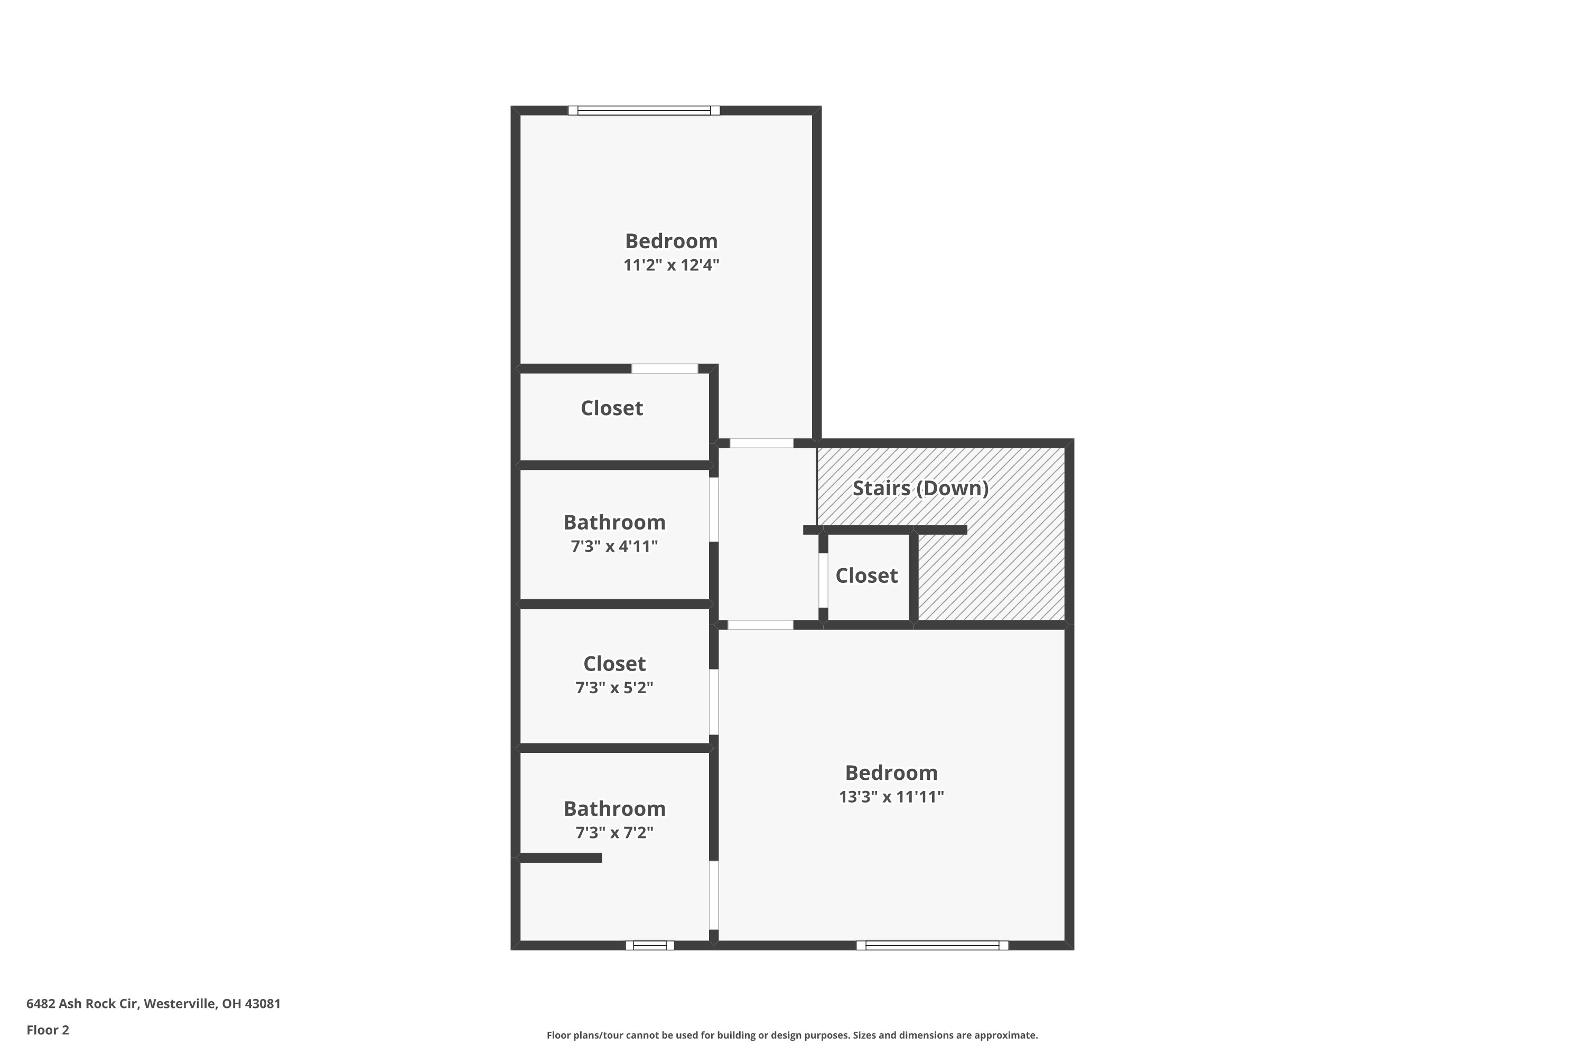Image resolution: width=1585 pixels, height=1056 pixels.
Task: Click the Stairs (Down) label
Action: click(920, 488)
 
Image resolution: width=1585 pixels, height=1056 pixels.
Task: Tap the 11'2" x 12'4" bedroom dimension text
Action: click(671, 265)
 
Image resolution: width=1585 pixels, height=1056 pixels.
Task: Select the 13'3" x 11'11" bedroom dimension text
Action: click(891, 797)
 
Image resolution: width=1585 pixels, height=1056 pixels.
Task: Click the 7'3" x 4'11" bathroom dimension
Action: click(614, 546)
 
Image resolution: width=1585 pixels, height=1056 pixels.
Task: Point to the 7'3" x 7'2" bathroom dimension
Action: click(614, 833)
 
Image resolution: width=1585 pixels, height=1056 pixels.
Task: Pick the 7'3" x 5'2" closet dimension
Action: click(614, 687)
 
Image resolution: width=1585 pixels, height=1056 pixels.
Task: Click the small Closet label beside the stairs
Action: click(866, 576)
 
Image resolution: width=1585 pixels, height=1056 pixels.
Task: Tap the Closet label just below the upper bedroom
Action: click(611, 408)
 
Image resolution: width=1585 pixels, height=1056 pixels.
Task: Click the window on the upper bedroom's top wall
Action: click(644, 110)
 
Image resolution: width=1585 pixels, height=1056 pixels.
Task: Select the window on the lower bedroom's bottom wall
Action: click(932, 946)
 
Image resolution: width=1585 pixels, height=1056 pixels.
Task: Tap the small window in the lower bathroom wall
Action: click(650, 946)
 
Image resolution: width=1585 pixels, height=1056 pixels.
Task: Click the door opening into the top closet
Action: click(665, 369)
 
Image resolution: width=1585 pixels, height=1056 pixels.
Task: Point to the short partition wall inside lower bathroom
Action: click(560, 857)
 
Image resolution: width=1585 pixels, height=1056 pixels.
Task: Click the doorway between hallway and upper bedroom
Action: click(761, 443)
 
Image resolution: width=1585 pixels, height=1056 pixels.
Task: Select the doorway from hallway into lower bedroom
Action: click(760, 625)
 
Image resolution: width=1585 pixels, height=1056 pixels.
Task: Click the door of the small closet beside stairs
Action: click(823, 580)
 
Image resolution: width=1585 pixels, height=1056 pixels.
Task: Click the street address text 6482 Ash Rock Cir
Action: click(153, 1004)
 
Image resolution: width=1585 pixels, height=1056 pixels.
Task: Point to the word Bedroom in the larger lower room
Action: click(891, 772)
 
